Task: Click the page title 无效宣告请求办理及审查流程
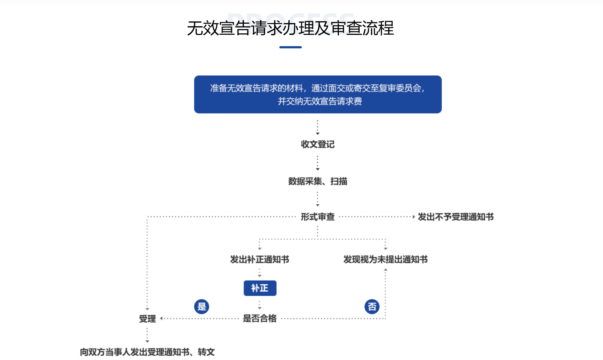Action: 290,28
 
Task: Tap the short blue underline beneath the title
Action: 290,47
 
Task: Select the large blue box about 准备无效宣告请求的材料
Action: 318,94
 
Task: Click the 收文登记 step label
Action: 317,144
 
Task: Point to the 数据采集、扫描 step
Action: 317,181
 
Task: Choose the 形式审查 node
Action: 317,217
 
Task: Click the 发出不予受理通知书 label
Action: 455,217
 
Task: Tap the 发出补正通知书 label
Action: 259,259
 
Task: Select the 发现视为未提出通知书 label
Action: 385,259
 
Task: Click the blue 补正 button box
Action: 260,288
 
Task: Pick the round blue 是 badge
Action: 202,307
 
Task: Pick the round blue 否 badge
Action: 372,307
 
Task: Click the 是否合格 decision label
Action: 260,319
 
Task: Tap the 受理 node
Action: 147,319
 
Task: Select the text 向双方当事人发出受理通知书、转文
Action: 147,352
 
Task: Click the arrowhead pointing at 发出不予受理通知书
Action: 414,217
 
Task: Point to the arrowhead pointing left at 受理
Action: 161,319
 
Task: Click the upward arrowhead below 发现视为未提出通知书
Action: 385,270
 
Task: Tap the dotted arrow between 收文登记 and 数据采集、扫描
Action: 317,163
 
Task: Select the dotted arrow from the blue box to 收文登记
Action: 317,128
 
